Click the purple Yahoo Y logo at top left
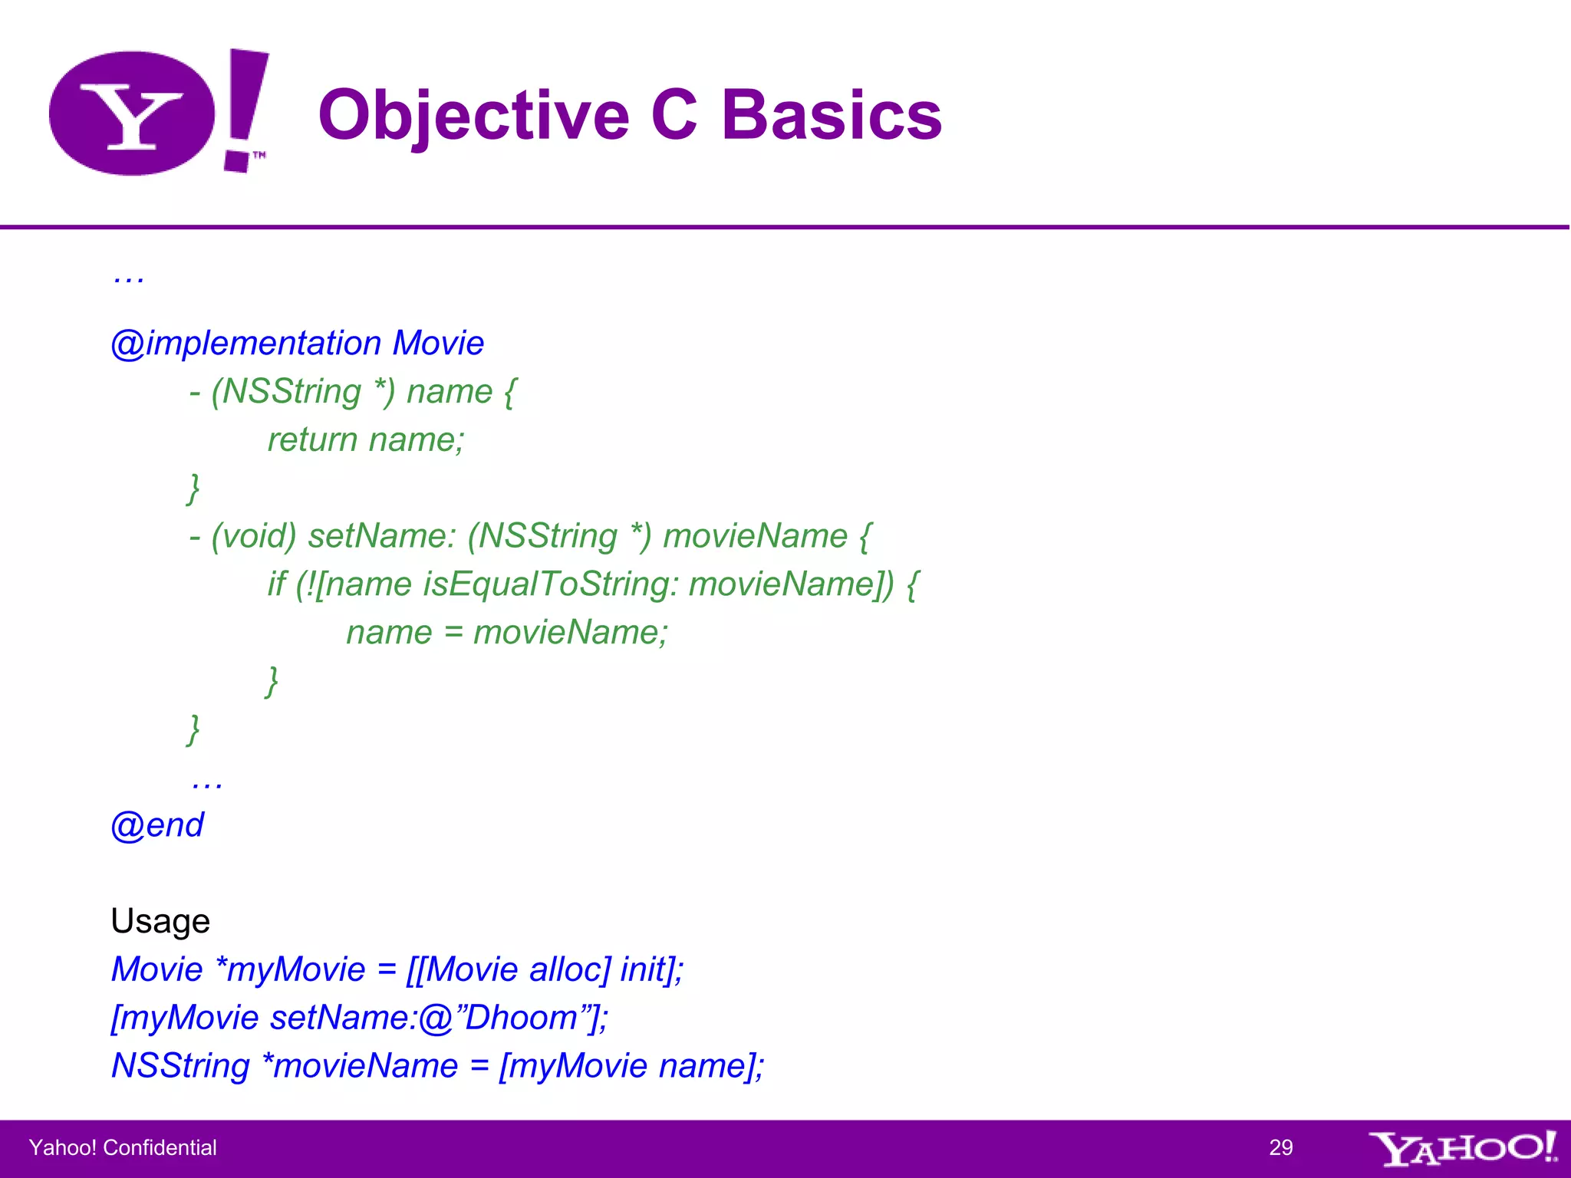(x=132, y=114)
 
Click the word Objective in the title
(x=473, y=115)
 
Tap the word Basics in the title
(x=832, y=115)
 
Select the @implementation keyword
(x=246, y=343)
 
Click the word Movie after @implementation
(x=438, y=343)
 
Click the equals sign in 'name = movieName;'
(x=453, y=633)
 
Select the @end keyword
(x=157, y=825)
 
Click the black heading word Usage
(x=160, y=921)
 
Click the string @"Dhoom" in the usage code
(x=509, y=1018)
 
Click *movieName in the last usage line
(x=360, y=1066)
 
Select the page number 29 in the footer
(x=1280, y=1147)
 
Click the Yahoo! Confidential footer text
(x=123, y=1147)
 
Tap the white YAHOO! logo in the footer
(x=1462, y=1148)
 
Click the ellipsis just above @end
(x=207, y=782)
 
